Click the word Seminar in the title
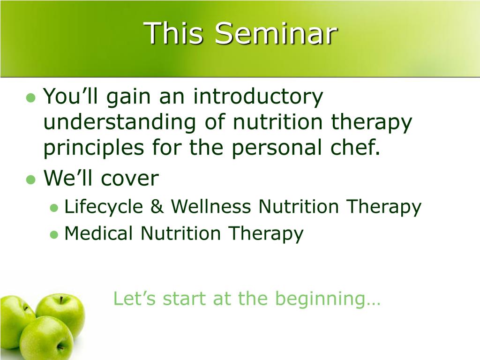tap(276, 33)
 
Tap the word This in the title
tap(173, 33)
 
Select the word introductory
tap(258, 97)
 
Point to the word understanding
tap(120, 122)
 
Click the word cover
tap(130, 179)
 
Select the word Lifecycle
tap(104, 207)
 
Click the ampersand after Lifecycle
tap(157, 206)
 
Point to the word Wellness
tap(211, 206)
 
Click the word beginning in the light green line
tap(321, 300)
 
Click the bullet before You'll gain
tap(31, 98)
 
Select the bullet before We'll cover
tap(31, 180)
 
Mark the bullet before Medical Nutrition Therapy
tap(54, 235)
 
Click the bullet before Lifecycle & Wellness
tap(54, 208)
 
